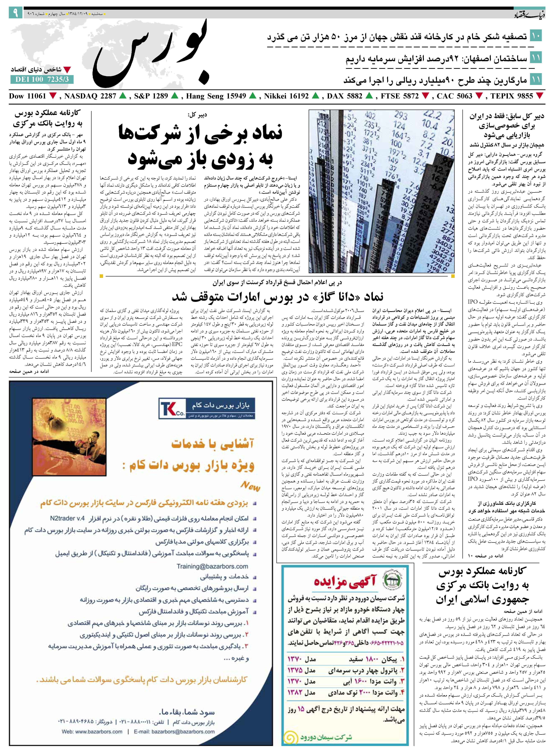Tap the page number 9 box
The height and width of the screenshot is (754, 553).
pyautogui.click(x=15, y=13)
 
